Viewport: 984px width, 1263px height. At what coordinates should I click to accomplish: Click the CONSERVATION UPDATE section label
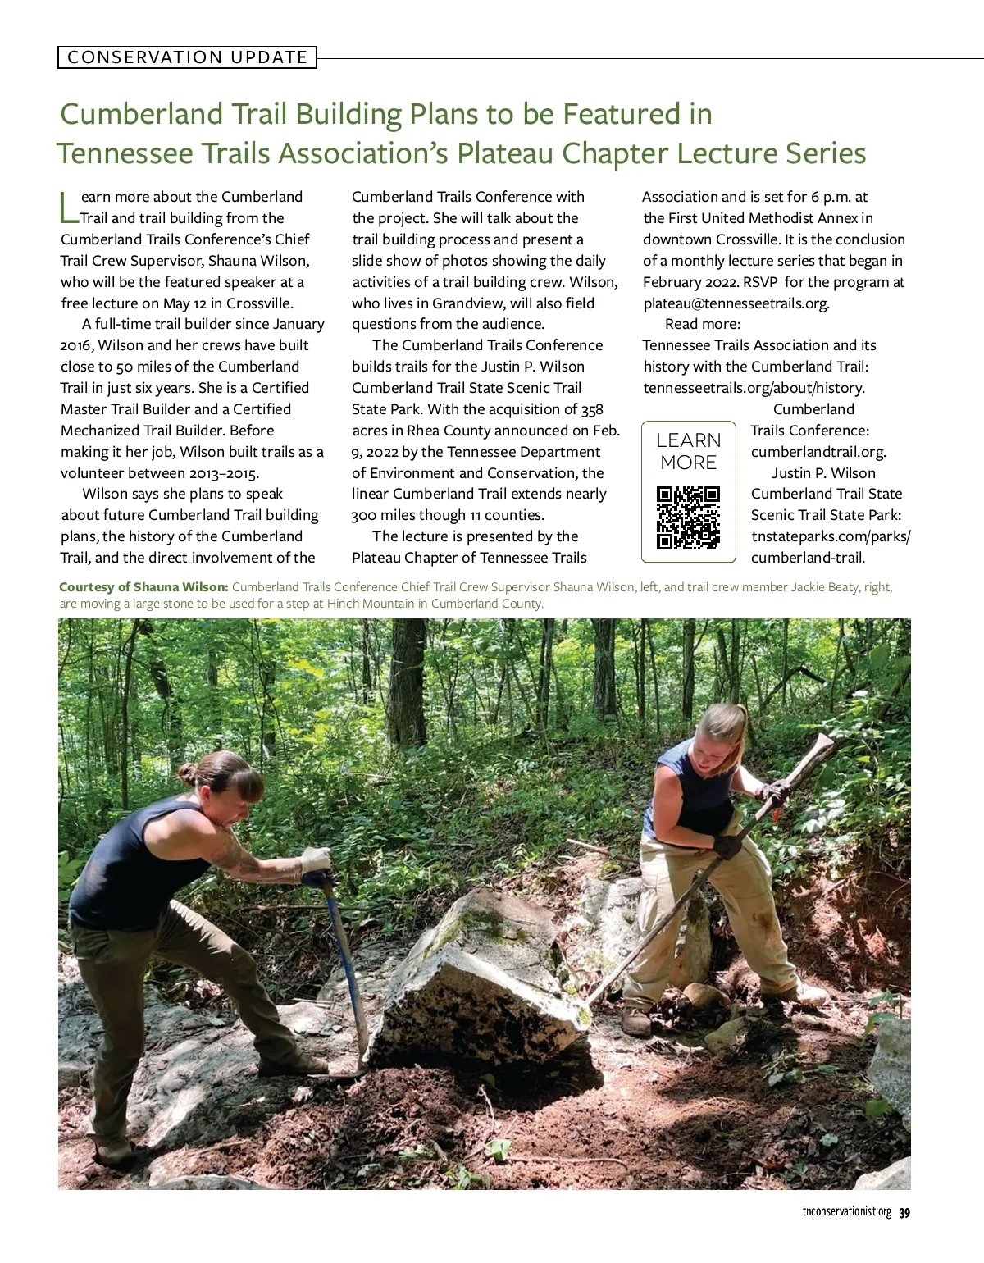pyautogui.click(x=187, y=57)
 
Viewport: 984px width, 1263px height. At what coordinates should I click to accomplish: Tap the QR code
pyautogui.click(x=688, y=518)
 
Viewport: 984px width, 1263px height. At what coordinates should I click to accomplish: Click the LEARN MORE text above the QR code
pyautogui.click(x=688, y=451)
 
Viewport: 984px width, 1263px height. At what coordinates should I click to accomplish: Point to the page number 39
pyautogui.click(x=904, y=1213)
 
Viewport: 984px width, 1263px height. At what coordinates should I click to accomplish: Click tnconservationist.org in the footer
pyautogui.click(x=846, y=1213)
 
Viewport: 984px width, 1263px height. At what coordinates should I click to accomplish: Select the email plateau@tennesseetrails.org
pyautogui.click(x=736, y=303)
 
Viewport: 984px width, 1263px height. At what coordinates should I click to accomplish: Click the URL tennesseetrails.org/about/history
pyautogui.click(x=754, y=388)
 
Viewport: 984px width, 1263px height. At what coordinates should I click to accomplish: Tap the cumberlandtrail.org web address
pyautogui.click(x=818, y=452)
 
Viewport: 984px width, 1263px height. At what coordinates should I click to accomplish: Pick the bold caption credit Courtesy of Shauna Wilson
pyautogui.click(x=143, y=587)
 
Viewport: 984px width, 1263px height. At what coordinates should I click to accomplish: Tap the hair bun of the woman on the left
pyautogui.click(x=188, y=773)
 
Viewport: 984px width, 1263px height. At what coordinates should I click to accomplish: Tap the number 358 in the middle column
pyautogui.click(x=592, y=410)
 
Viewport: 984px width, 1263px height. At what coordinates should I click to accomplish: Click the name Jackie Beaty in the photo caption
pyautogui.click(x=825, y=587)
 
